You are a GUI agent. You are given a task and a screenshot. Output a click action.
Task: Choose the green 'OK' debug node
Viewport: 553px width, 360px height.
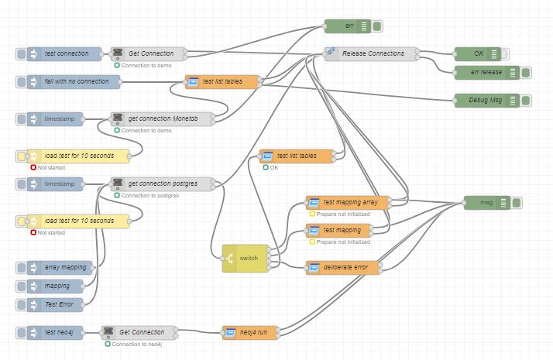(x=478, y=53)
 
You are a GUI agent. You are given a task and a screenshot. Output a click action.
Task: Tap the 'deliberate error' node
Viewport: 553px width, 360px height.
(x=344, y=267)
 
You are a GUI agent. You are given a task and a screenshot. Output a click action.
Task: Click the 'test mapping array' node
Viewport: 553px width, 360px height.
(x=349, y=202)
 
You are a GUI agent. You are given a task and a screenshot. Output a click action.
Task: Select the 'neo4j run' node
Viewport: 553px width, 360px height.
(x=250, y=332)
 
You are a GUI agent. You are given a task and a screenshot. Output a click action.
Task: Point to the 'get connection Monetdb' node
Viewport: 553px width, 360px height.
(x=162, y=118)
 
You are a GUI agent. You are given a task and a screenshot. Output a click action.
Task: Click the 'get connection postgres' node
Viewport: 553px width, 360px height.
(x=162, y=183)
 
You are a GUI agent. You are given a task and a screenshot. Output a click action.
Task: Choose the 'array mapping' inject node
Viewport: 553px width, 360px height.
(x=59, y=267)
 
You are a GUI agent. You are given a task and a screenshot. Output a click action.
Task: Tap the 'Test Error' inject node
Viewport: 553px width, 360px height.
(x=59, y=304)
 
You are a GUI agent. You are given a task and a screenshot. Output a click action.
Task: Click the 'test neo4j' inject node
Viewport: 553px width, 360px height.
(x=59, y=332)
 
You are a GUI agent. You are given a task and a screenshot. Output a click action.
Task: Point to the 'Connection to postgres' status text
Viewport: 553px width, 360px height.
(x=149, y=195)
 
